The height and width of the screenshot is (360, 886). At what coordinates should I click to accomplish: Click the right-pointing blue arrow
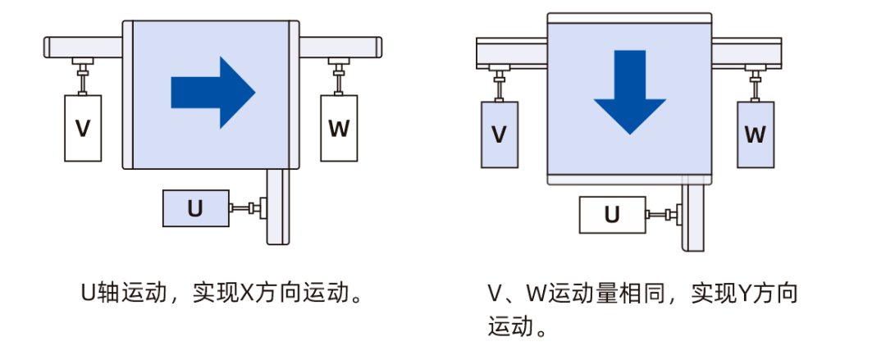212,91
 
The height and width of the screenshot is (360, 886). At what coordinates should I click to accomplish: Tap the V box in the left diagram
83,128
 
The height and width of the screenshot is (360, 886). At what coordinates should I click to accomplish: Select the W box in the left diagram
339,128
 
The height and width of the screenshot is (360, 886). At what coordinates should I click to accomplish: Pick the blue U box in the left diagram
195,208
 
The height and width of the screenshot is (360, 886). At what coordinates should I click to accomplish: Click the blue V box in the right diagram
499,134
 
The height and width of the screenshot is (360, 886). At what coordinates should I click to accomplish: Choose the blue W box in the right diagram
756,134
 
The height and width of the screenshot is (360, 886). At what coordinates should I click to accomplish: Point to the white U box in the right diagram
612,216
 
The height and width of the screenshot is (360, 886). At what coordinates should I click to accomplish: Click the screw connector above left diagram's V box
83,75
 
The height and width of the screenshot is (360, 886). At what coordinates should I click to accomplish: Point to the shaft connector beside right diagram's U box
664,216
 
